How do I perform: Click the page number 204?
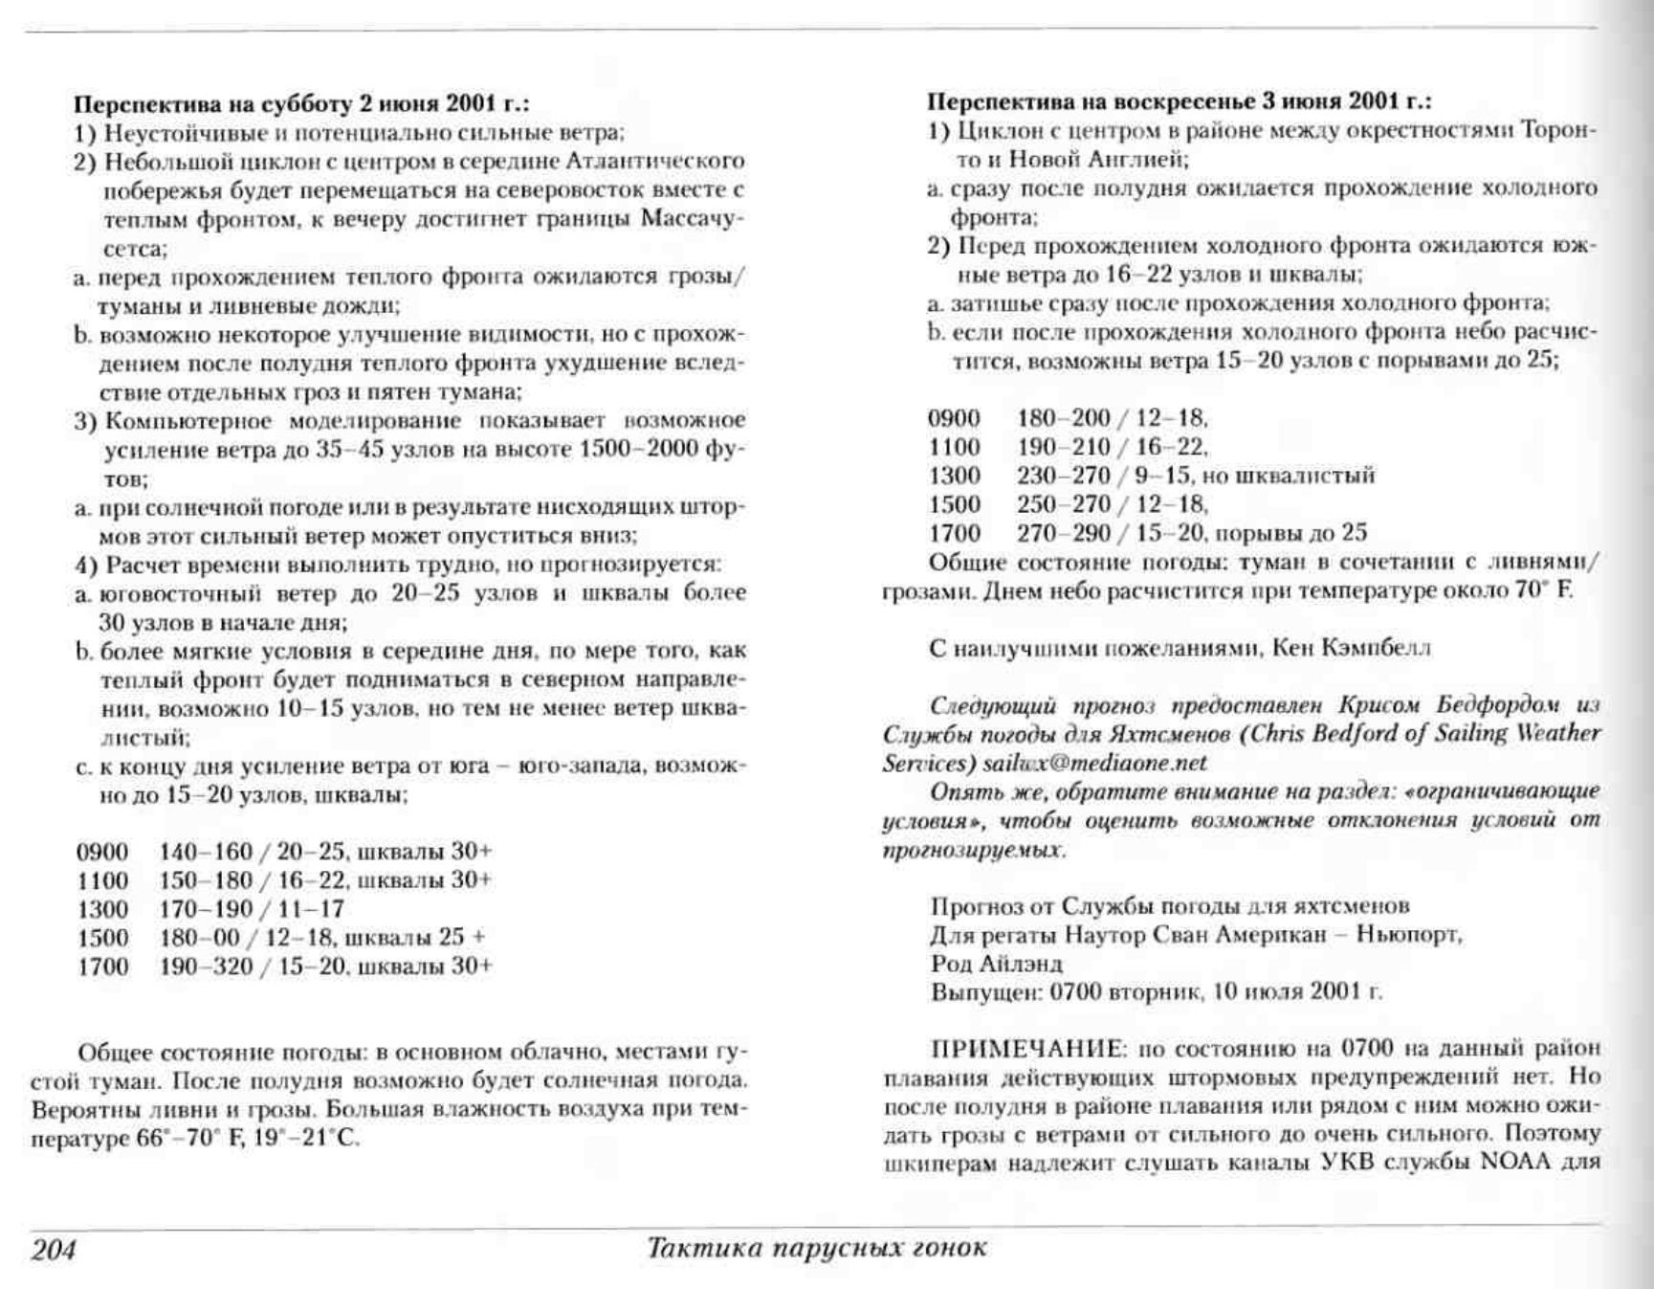coord(54,1250)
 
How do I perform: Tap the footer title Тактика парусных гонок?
coord(816,1248)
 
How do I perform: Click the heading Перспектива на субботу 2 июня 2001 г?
coord(301,103)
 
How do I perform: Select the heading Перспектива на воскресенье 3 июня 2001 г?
coord(1179,100)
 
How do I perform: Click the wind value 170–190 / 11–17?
coord(251,908)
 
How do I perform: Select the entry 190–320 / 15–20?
coord(251,966)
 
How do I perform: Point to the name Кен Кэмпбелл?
coord(1351,648)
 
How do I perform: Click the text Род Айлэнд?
coord(996,963)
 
